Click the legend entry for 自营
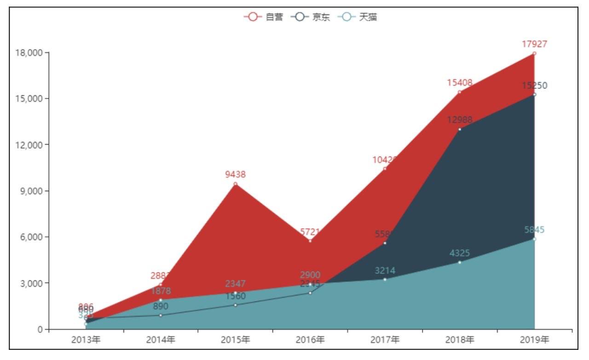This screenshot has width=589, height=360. coord(264,17)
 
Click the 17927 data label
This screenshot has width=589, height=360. coord(534,44)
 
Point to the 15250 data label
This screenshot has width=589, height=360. coord(534,86)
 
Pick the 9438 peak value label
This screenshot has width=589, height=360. coord(235,174)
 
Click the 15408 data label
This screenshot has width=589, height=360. coord(459,83)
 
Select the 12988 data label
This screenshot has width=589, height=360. coord(459,120)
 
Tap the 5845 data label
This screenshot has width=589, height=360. coord(534,230)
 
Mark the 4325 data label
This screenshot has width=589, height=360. coord(459,253)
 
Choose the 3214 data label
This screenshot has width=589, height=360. coord(385,270)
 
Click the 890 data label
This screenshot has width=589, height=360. coord(161,306)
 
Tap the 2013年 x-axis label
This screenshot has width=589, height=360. coord(86,340)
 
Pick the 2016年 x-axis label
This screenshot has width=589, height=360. coord(310,340)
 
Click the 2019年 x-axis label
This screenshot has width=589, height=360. coord(534,340)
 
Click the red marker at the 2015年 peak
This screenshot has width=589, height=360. coord(235,184)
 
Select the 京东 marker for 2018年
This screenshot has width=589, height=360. coord(459,129)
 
